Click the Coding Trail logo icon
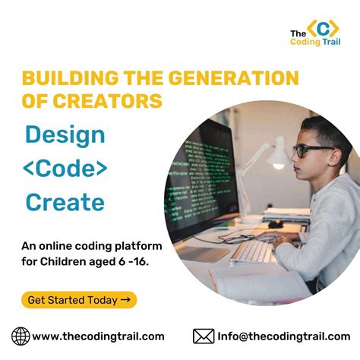(x=324, y=29)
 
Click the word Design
(x=65, y=134)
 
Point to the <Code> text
(x=65, y=168)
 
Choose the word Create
(x=65, y=202)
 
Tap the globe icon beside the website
(x=21, y=336)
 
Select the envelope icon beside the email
(x=203, y=336)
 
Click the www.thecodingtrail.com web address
(x=98, y=336)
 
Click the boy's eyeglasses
(x=311, y=150)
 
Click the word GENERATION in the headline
(x=220, y=78)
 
